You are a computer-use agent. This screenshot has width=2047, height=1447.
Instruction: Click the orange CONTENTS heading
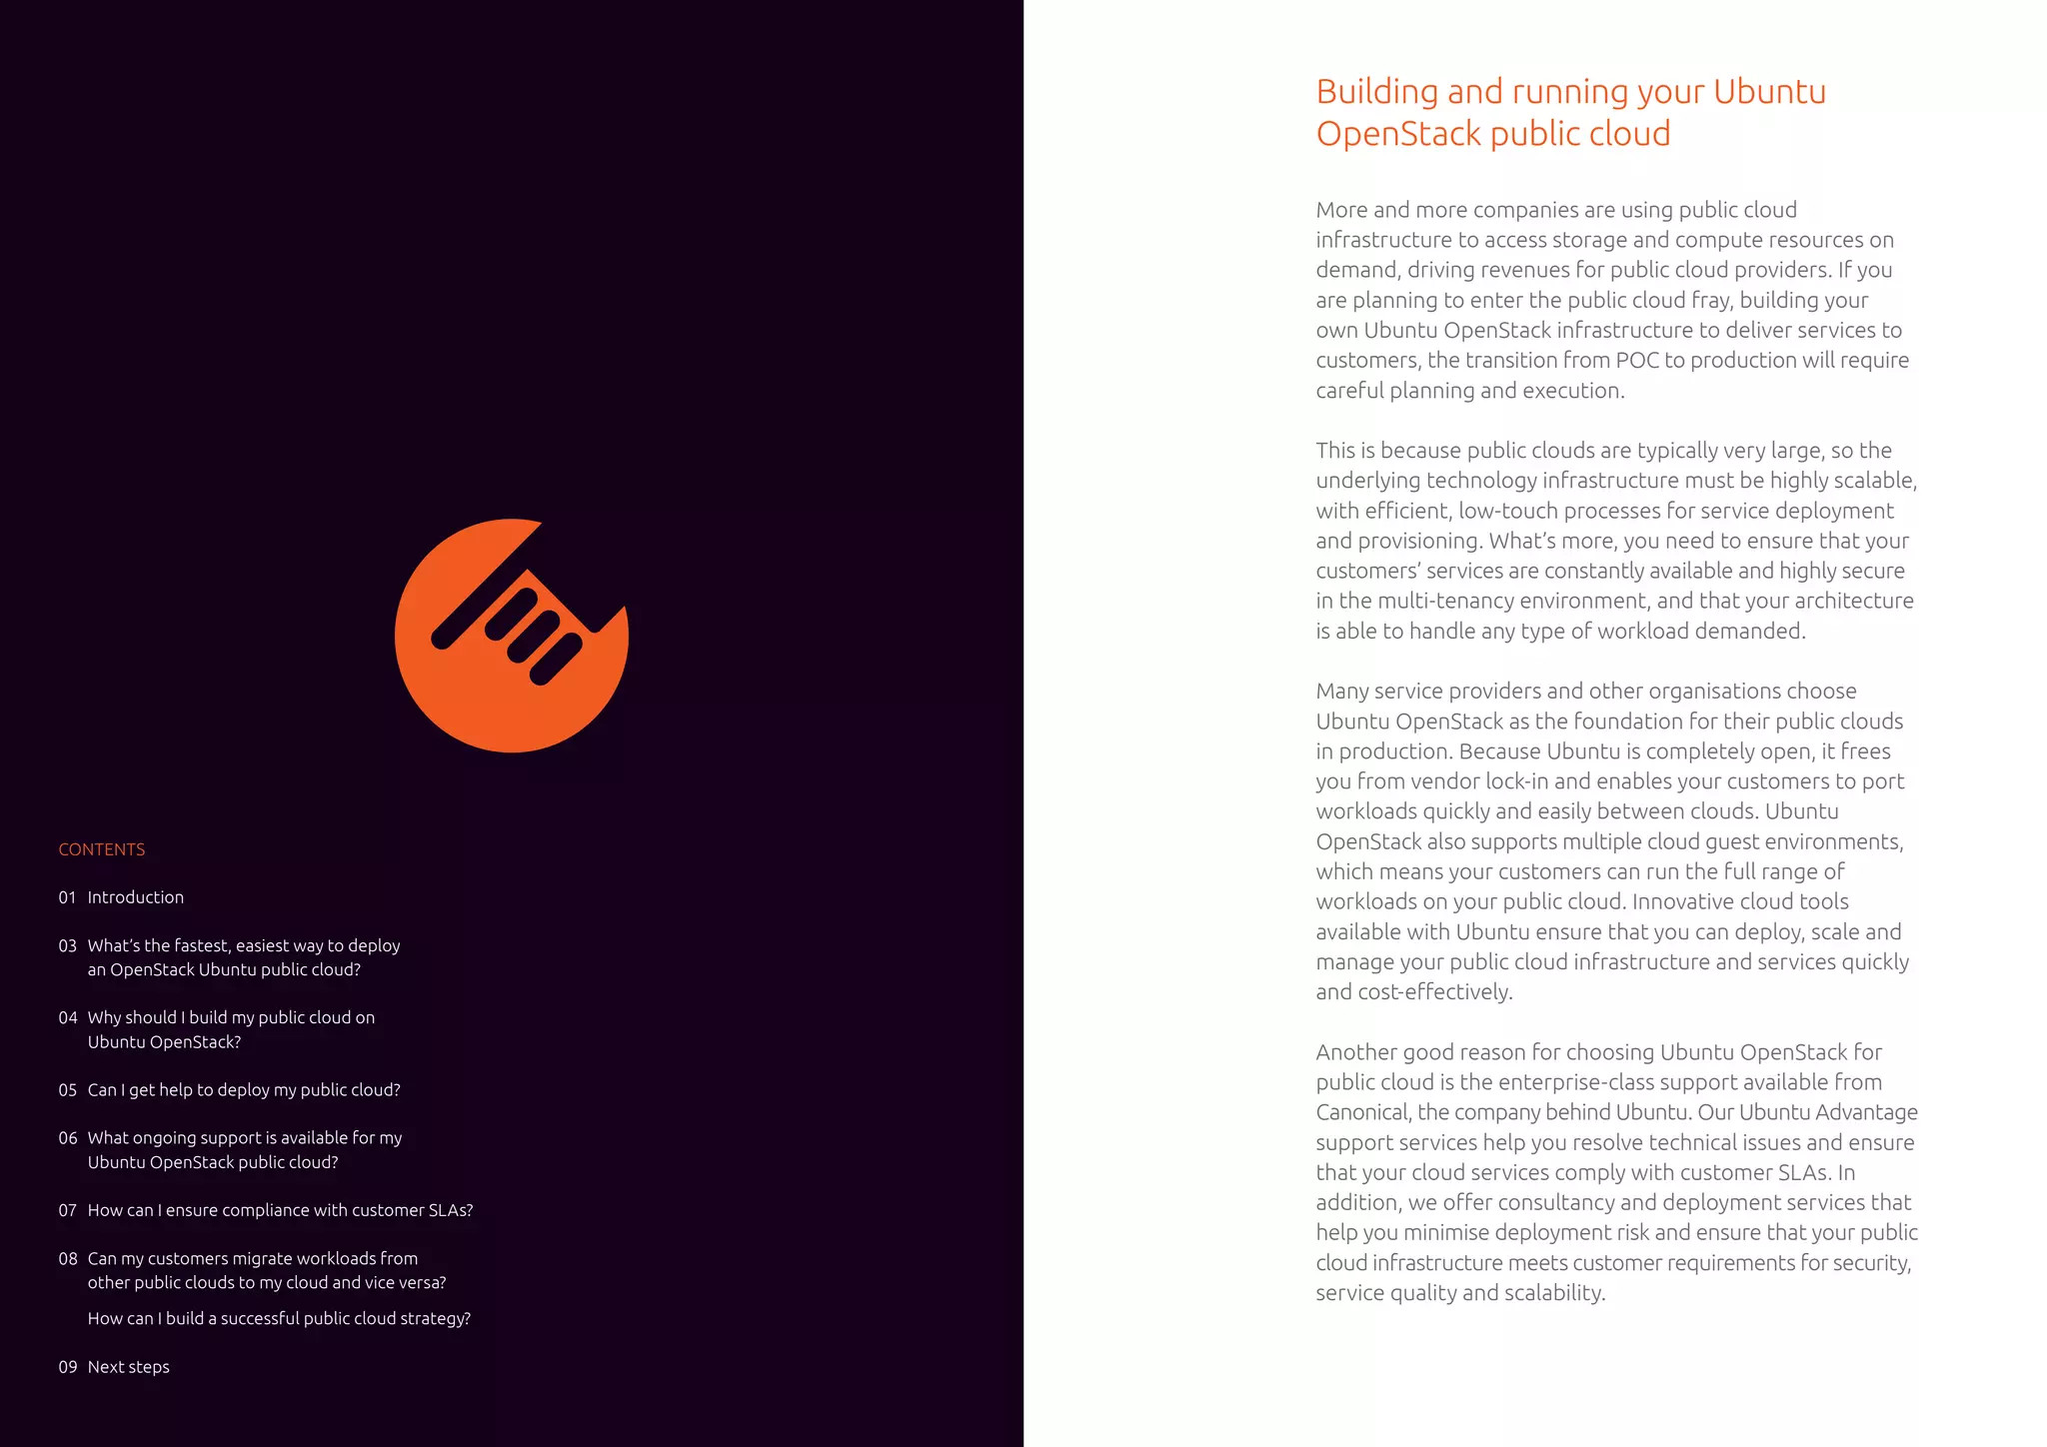coord(101,849)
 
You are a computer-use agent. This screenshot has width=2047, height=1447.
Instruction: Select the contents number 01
coord(67,897)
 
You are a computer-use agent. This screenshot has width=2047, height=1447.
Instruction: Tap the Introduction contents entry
coord(135,897)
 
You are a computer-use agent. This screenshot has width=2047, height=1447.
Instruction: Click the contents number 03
coord(67,945)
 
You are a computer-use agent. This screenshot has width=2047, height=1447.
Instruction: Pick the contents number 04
coord(67,1017)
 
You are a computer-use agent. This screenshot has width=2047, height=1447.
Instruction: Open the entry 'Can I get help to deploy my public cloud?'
coord(244,1089)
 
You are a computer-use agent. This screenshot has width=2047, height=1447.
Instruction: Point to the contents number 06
coord(67,1137)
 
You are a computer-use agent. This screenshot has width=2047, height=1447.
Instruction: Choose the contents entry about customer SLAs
coord(280,1210)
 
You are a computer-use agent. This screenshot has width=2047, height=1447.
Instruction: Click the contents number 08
coord(67,1258)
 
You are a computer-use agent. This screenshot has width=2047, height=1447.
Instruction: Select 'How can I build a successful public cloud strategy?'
coord(279,1318)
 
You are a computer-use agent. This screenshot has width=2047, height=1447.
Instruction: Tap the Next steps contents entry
coord(128,1367)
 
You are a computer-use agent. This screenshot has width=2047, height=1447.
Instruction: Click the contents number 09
coord(67,1367)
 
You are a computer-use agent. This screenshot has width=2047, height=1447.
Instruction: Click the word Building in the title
coord(1376,92)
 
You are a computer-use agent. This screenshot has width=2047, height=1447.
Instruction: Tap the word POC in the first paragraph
coord(1637,360)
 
